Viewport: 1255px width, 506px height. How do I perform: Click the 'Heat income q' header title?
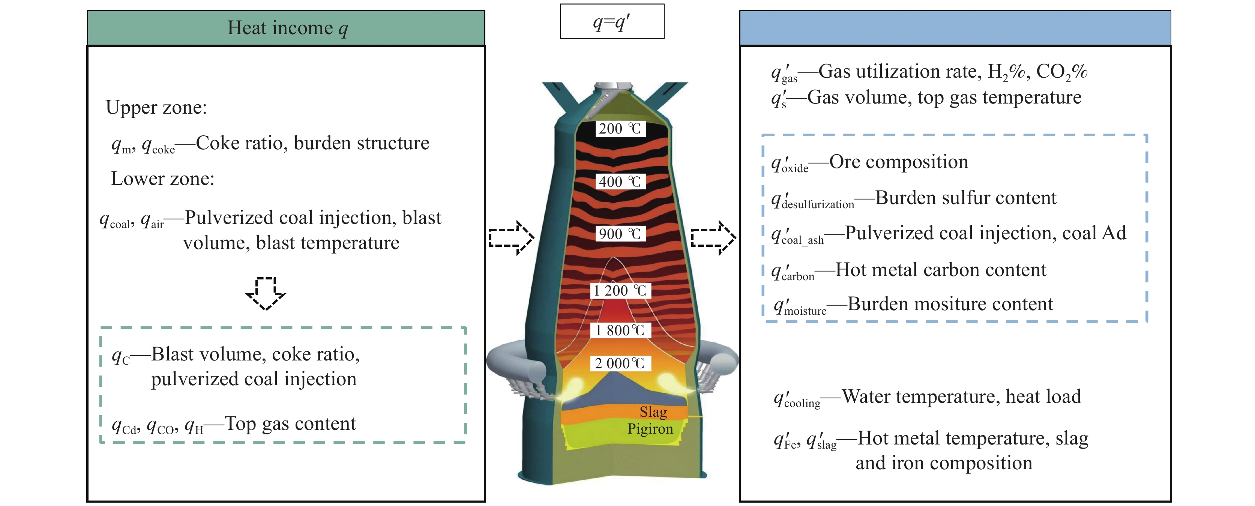click(x=287, y=28)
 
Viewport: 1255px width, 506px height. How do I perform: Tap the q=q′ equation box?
click(x=611, y=22)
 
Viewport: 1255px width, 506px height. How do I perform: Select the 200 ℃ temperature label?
click(x=620, y=129)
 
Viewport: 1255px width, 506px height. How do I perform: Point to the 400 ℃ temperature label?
click(x=620, y=182)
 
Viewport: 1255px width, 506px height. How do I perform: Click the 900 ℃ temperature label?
click(x=620, y=234)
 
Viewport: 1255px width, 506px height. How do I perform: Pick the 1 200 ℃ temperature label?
click(x=620, y=291)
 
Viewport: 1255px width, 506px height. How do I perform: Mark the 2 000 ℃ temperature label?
click(x=620, y=363)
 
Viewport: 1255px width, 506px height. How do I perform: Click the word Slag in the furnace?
click(x=653, y=412)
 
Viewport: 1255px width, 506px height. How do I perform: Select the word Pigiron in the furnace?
click(x=650, y=429)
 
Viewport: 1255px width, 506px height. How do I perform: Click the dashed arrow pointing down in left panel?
click(x=266, y=293)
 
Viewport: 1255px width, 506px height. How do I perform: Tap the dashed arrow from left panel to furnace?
click(x=512, y=238)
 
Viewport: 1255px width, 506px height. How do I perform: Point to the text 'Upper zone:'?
click(x=156, y=108)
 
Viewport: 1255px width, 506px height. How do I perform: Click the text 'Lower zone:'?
click(x=163, y=179)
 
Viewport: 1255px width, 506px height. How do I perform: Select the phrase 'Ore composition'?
click(x=899, y=162)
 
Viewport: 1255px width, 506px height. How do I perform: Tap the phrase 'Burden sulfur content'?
click(x=965, y=198)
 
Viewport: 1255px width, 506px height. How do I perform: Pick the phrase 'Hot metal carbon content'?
click(x=940, y=270)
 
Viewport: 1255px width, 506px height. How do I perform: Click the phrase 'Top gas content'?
click(x=290, y=424)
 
